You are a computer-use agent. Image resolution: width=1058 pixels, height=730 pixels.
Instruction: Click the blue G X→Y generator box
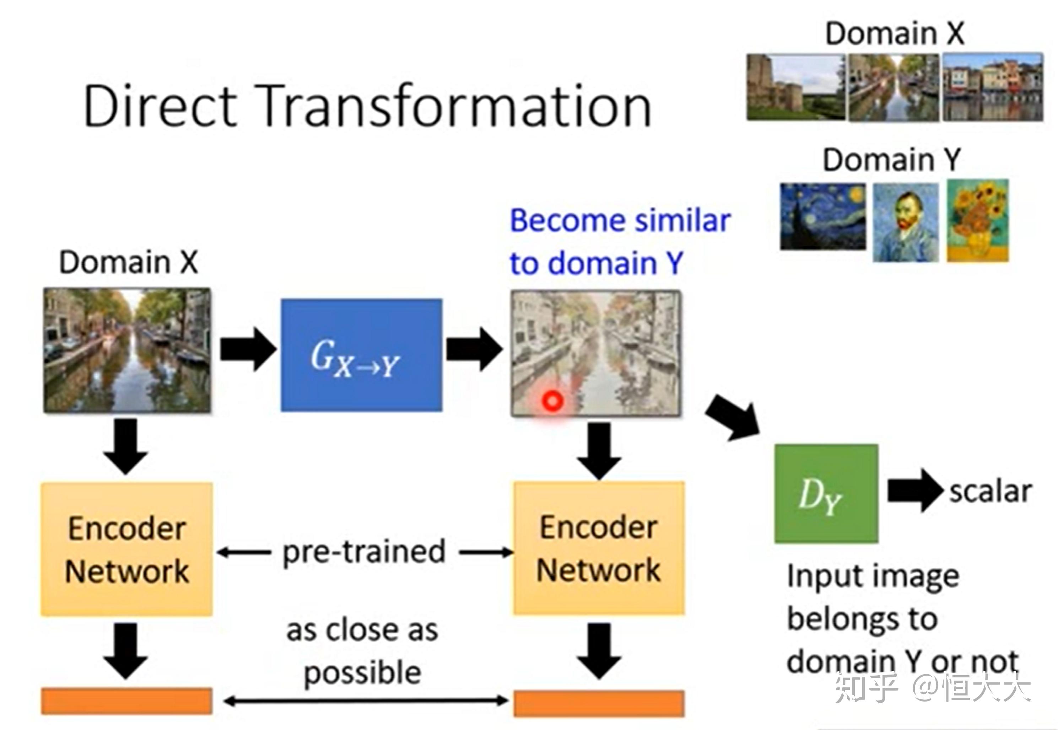click(x=361, y=355)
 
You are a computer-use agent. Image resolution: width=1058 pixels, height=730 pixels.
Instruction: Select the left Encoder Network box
click(x=126, y=549)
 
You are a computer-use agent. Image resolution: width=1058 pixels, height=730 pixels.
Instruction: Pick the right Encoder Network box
click(x=599, y=548)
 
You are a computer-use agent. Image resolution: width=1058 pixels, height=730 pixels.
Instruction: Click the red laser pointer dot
click(x=552, y=401)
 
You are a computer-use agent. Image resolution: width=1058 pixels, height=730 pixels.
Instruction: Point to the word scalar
click(x=991, y=491)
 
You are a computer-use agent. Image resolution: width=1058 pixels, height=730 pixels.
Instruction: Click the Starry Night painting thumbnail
click(x=822, y=216)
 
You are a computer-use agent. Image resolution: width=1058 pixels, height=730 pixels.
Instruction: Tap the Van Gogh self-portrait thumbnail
click(x=905, y=222)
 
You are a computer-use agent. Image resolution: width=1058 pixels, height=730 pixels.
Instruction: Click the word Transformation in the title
click(x=455, y=106)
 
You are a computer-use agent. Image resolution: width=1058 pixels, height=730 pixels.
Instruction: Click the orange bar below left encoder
click(x=126, y=701)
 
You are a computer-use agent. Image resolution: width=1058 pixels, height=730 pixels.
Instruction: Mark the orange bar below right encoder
click(x=599, y=703)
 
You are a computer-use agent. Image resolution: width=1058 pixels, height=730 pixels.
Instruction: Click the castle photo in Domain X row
click(x=795, y=87)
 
